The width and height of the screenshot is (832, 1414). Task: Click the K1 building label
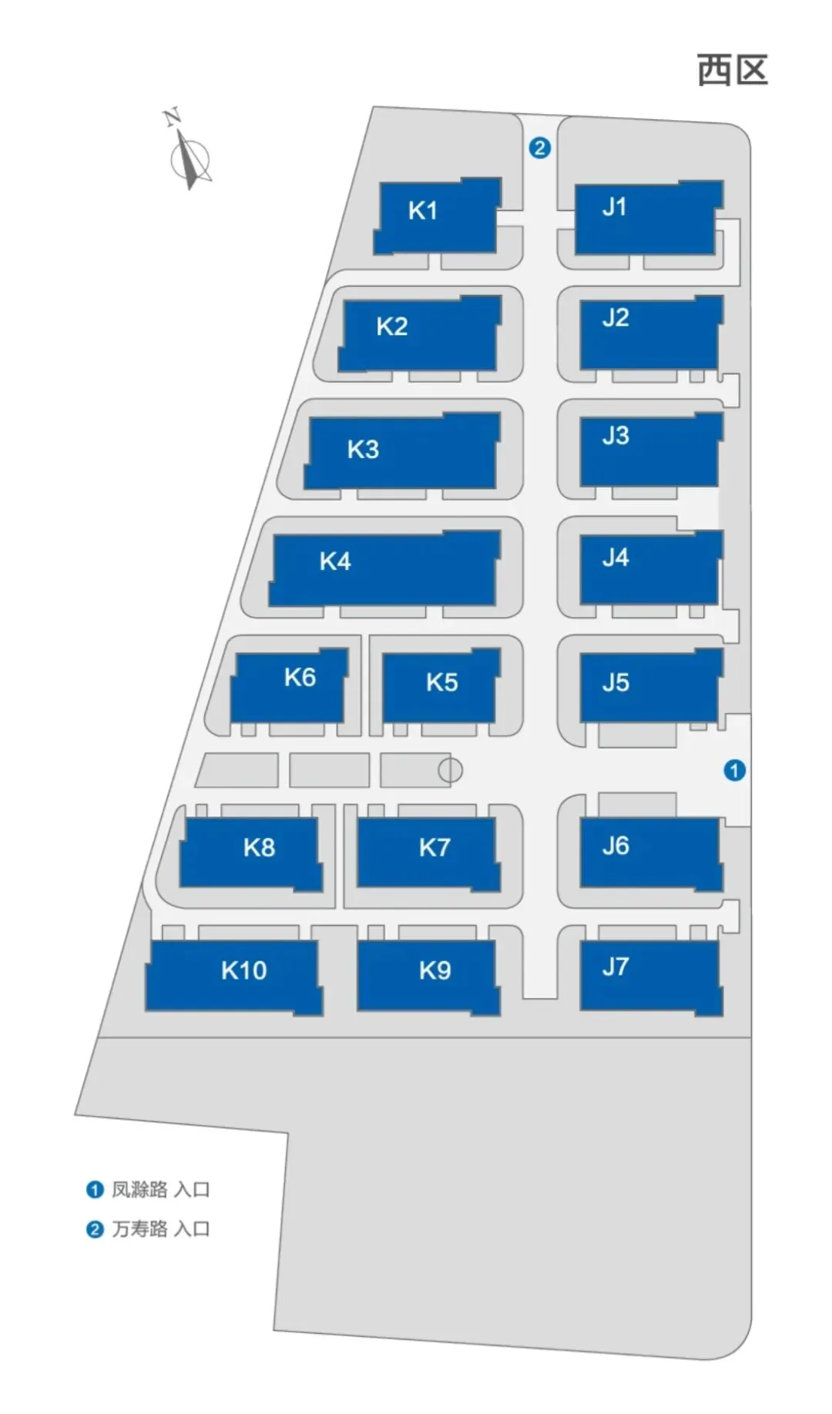point(422,210)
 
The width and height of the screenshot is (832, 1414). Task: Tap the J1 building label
point(614,206)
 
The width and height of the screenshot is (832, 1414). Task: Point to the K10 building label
point(243,970)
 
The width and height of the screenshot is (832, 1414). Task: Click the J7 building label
point(616,967)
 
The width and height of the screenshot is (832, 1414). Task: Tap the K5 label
point(441,682)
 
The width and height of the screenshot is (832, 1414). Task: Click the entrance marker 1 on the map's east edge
point(734,770)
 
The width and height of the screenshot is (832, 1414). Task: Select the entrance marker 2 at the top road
point(539,148)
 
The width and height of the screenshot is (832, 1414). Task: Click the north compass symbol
point(189,154)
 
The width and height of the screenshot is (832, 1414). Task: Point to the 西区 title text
point(732,71)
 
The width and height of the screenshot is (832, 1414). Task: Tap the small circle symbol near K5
point(450,769)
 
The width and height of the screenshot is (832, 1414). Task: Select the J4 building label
point(616,557)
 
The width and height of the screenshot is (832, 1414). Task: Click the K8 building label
point(259,848)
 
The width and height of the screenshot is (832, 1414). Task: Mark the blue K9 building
point(428,977)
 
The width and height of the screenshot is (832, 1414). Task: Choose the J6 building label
point(616,846)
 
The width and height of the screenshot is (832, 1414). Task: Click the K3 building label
point(363,450)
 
